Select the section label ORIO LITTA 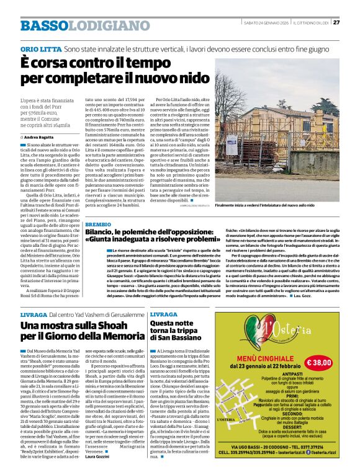pyautogui.click(x=41, y=48)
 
